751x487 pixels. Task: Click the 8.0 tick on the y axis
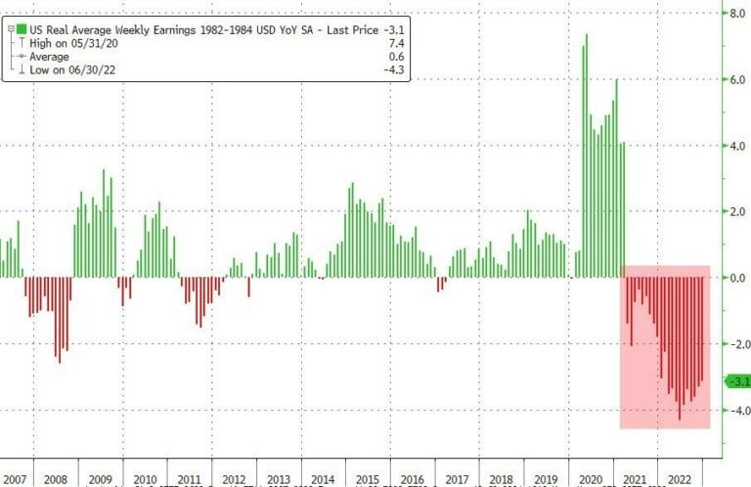pyautogui.click(x=733, y=15)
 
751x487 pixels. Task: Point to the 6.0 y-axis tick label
pyautogui.click(x=733, y=81)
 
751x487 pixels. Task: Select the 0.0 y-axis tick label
pyautogui.click(x=733, y=278)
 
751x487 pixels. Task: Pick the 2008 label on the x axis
pyautogui.click(x=55, y=479)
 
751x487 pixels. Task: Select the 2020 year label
pyautogui.click(x=590, y=479)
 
